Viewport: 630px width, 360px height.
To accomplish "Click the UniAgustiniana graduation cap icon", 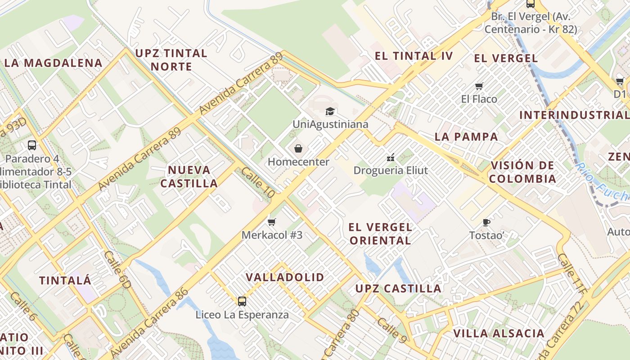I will point(330,111).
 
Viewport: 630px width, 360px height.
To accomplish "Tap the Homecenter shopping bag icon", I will point(298,148).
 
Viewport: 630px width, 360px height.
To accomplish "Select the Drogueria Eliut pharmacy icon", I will point(391,157).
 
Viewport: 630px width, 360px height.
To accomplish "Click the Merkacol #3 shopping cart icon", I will point(271,222).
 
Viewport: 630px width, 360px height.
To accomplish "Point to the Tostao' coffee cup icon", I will point(486,222).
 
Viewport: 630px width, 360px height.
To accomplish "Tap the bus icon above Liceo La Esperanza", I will point(242,301).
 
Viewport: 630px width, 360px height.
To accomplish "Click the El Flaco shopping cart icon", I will point(479,86).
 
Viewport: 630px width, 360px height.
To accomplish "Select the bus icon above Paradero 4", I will point(31,145).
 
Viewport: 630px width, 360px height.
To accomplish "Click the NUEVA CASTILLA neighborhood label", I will point(189,176).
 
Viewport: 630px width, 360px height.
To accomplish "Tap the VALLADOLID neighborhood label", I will point(285,277).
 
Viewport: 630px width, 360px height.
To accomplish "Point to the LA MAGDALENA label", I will point(53,63).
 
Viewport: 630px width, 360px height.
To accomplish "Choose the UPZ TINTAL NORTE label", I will point(171,60).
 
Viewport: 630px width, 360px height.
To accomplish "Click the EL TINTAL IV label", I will point(414,56).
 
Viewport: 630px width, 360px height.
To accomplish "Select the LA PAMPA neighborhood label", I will point(466,137).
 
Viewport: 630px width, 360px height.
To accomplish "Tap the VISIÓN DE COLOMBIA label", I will point(522,172).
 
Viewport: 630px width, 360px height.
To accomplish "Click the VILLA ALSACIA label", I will point(499,333).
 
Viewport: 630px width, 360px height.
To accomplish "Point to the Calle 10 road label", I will point(257,182).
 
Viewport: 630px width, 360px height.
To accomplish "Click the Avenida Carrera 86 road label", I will point(149,323).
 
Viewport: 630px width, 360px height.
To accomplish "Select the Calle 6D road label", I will point(117,270).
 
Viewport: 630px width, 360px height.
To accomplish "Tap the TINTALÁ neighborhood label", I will point(65,280).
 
